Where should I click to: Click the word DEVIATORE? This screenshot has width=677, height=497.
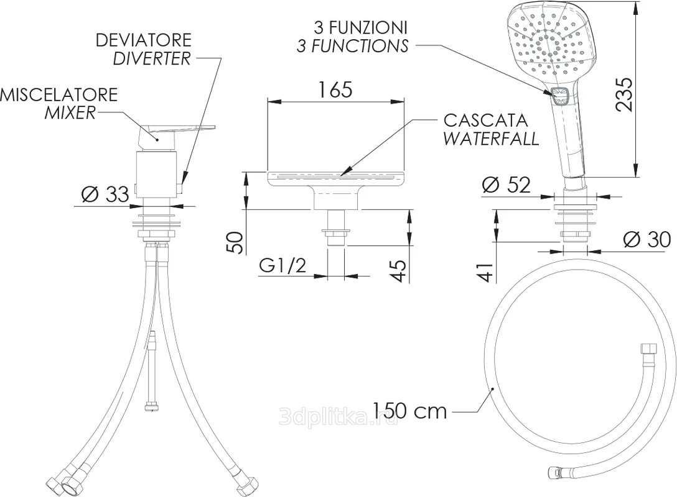(x=143, y=40)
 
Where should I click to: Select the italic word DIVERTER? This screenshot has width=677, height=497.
(x=152, y=58)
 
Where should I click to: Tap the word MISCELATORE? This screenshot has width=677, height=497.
(x=58, y=94)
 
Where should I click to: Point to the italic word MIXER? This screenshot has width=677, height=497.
(x=70, y=112)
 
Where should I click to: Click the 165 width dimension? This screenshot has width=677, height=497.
(x=335, y=89)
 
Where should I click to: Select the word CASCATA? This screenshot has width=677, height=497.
(x=486, y=121)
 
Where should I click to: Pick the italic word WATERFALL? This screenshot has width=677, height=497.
(x=491, y=139)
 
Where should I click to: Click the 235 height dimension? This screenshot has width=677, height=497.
(x=624, y=94)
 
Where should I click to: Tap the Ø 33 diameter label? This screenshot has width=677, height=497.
(x=105, y=194)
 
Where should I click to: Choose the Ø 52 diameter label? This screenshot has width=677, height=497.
(x=506, y=185)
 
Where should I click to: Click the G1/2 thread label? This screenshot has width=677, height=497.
(x=282, y=265)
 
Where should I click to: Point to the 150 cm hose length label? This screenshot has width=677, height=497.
(x=409, y=411)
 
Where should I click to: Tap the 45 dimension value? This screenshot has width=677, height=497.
(x=399, y=270)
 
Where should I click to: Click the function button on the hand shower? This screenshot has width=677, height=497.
(x=559, y=96)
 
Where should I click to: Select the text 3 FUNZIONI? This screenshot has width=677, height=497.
(x=360, y=27)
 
